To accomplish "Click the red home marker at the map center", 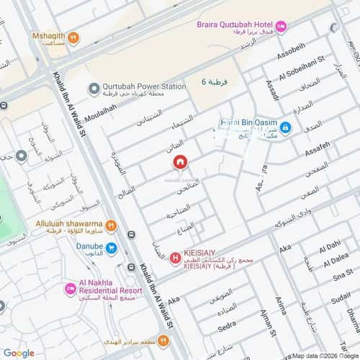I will click(179, 163).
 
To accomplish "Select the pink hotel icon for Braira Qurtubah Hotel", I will click(281, 27).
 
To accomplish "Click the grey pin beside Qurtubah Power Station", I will click(93, 89).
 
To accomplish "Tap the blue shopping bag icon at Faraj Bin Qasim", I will click(286, 127).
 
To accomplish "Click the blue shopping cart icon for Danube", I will click(111, 248).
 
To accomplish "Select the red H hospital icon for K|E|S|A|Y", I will click(175, 258).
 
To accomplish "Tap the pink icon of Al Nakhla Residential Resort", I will click(71, 289).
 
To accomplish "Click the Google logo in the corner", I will click(19, 353).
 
